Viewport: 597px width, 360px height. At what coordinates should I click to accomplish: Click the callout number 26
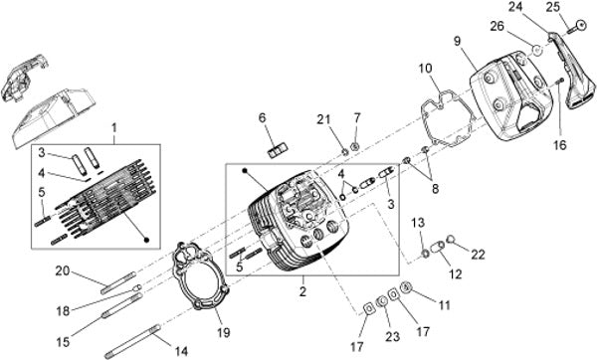click(x=497, y=26)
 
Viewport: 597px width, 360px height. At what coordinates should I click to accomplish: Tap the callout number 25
click(x=553, y=7)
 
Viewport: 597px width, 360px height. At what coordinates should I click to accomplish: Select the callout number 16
click(x=560, y=145)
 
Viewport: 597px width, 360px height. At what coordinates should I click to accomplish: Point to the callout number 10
click(x=425, y=69)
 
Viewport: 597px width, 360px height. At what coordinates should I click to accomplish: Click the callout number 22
click(x=479, y=255)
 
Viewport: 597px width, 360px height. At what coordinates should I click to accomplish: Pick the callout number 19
click(x=224, y=332)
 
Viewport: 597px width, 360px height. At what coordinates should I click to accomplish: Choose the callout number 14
click(x=181, y=350)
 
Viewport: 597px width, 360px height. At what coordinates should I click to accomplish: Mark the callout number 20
click(x=63, y=271)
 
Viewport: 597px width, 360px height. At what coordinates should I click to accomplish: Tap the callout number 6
click(x=262, y=118)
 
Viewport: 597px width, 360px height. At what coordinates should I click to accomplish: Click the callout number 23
click(x=392, y=336)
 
